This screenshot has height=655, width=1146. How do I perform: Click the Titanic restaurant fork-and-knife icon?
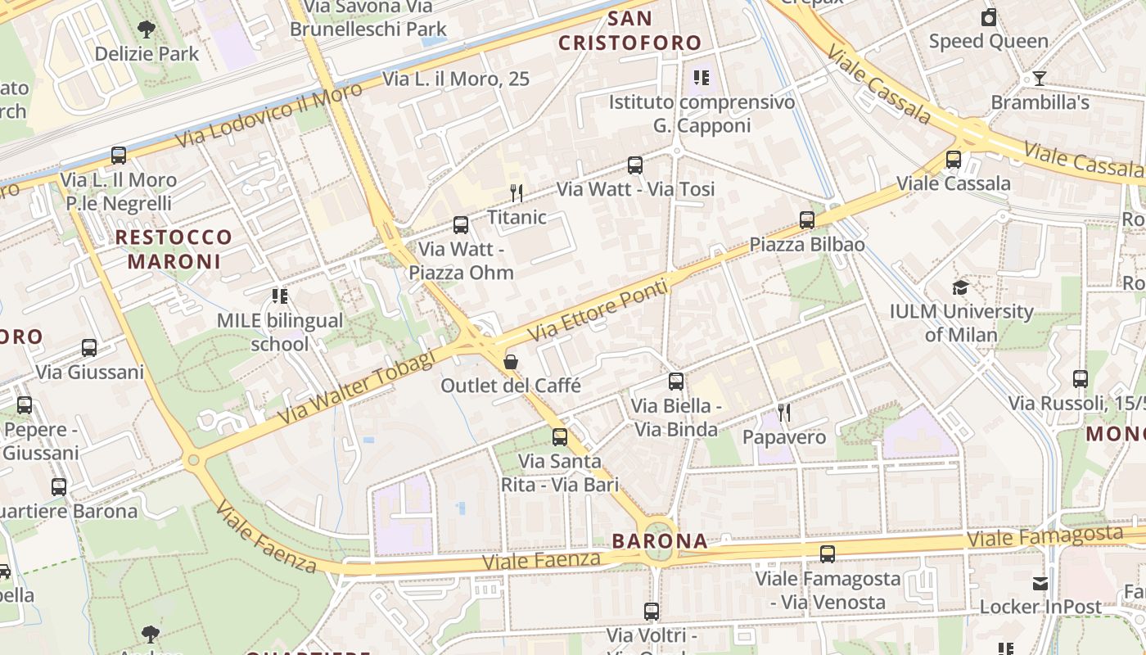[517, 193]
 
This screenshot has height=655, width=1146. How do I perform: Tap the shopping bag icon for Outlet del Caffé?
[511, 361]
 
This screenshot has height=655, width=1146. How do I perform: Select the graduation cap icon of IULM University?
[960, 287]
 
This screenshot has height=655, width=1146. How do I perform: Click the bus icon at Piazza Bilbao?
[807, 220]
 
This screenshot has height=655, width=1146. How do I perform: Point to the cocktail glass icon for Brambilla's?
[1040, 79]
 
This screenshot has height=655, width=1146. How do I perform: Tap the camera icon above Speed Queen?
[989, 17]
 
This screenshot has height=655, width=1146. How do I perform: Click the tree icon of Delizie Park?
[147, 30]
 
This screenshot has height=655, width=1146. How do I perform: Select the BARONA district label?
[660, 541]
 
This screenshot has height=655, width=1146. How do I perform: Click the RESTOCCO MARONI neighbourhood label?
[174, 250]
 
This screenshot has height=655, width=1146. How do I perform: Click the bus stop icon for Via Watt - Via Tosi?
[635, 165]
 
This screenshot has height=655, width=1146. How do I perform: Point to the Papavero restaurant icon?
[784, 413]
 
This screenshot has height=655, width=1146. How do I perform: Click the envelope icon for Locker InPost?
[1040, 583]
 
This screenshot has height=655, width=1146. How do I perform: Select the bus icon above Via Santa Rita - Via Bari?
[560, 437]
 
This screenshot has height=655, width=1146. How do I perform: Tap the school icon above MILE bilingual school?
[280, 296]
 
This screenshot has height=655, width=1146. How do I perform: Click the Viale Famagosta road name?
[1044, 537]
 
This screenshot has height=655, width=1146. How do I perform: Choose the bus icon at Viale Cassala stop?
[954, 160]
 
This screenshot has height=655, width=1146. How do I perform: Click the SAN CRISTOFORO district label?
[630, 31]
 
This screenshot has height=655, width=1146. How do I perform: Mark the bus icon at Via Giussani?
[89, 348]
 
